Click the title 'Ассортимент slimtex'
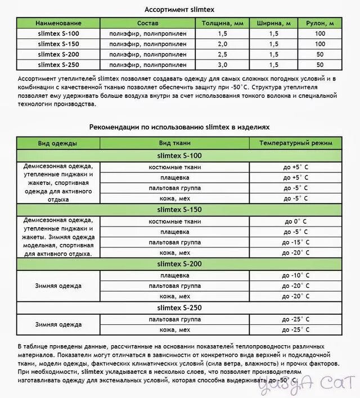[179, 10]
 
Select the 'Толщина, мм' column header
[222, 24]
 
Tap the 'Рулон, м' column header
[320, 24]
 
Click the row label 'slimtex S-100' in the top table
[58, 34]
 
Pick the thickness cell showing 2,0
[222, 44]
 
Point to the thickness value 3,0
[222, 64]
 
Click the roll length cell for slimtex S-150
[320, 44]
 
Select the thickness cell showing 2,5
[222, 54]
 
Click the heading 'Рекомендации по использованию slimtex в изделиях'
[179, 128]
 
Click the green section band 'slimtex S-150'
[179, 210]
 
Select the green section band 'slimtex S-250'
[179, 308]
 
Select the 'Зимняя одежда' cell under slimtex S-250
[58, 324]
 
